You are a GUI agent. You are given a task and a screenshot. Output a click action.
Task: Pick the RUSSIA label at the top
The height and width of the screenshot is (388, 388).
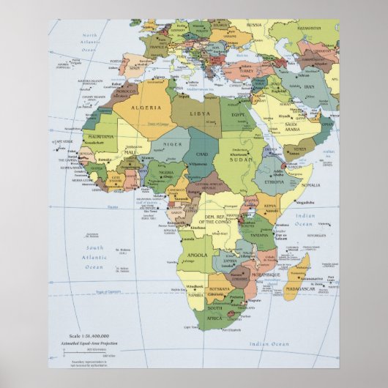point(254,24)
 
